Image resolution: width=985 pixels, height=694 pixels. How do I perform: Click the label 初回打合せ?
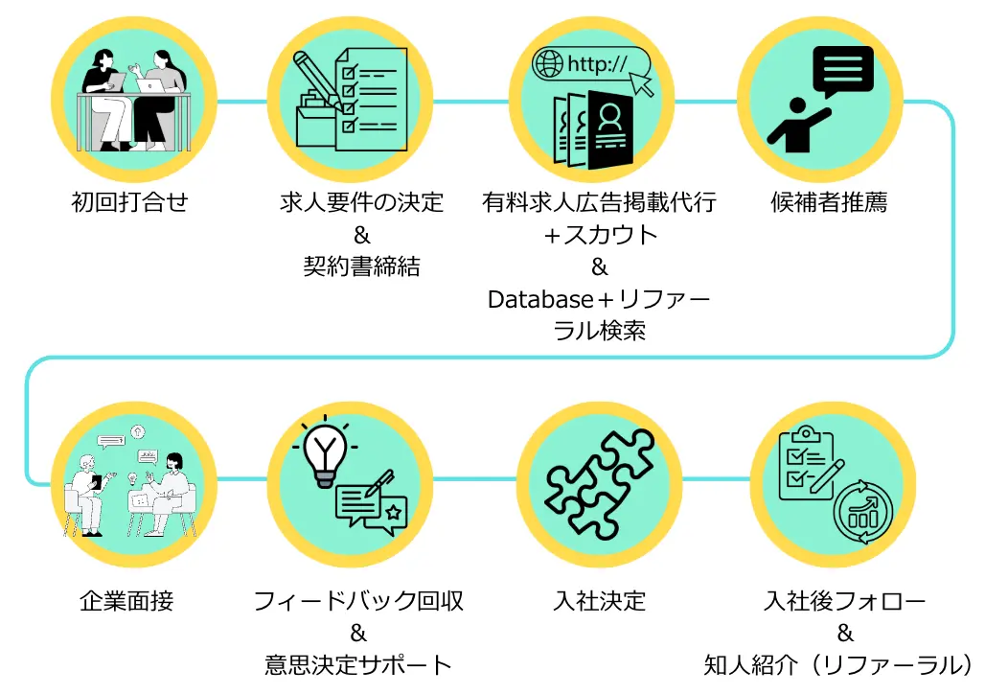[130, 202]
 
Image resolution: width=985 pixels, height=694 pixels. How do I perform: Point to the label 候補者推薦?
[829, 202]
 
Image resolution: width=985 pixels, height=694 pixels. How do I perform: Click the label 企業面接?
[127, 601]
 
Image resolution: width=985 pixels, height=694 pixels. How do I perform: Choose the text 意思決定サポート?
[358, 663]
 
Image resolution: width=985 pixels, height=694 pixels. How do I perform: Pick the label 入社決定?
[600, 601]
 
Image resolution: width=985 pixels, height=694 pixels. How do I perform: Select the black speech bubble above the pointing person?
[842, 70]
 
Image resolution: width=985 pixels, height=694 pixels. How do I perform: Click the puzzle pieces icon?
[600, 482]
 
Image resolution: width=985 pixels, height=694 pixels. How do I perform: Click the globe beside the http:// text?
[549, 64]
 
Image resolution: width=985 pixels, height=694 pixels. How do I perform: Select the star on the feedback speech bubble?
[393, 513]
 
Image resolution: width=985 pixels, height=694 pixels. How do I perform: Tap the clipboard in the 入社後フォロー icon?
[805, 464]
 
